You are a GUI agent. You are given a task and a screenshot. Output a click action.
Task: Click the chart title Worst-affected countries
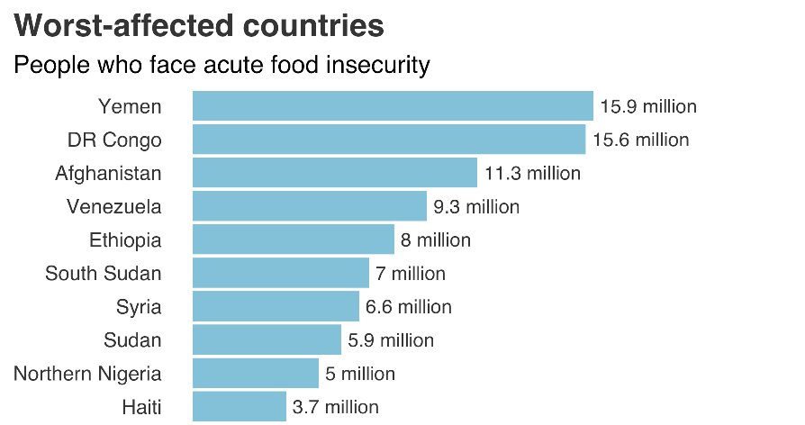pos(199,25)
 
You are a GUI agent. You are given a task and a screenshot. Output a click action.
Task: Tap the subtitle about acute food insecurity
pos(222,66)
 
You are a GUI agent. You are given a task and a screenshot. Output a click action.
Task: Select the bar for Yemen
pos(393,106)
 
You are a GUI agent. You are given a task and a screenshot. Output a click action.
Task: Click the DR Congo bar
pos(389,140)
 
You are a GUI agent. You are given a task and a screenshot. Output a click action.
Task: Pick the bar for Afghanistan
pos(334,173)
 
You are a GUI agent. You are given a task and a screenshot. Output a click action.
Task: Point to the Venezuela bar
pos(309,206)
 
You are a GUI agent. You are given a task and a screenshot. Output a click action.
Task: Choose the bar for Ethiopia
pos(293,240)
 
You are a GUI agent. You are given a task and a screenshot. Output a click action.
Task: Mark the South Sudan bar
pos(280,273)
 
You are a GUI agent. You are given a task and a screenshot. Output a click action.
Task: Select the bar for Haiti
pos(239,406)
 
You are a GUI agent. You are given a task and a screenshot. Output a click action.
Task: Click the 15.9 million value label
pos(648,107)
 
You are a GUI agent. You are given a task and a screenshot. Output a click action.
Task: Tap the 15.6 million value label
pos(641,140)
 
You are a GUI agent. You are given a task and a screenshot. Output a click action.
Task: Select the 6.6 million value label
pos(409,307)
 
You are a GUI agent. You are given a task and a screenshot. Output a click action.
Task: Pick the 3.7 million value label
pos(336,407)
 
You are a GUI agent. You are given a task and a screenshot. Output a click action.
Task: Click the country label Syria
pos(139,307)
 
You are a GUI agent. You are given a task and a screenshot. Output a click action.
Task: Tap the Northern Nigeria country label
pos(87,374)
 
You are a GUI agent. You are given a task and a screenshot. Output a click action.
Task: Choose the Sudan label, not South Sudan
pos(131,340)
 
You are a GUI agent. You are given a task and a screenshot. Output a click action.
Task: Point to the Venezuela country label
pos(114,207)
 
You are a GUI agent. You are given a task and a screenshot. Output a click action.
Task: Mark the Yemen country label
pos(130,107)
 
